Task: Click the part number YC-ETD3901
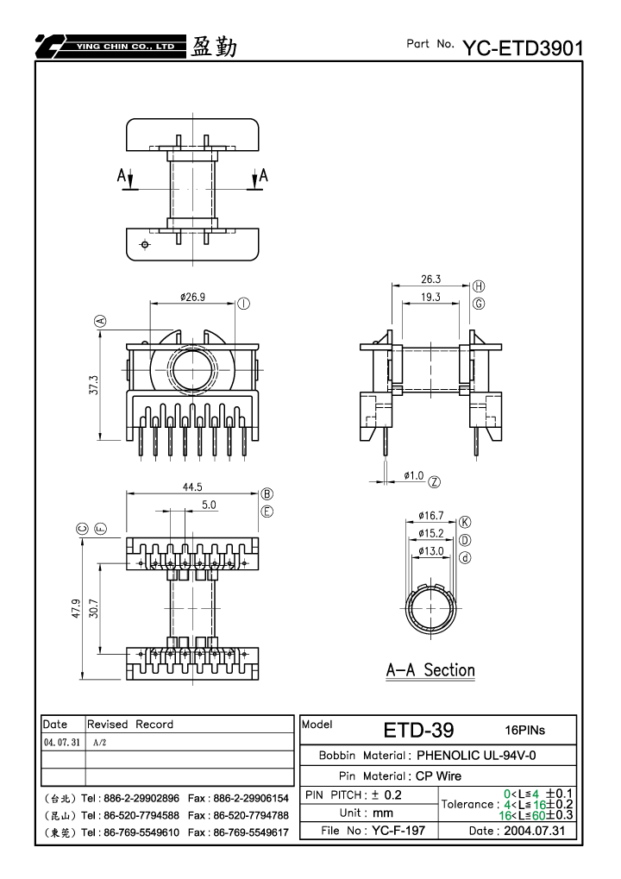point(523,48)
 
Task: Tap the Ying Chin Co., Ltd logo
point(110,47)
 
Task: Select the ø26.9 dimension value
point(193,297)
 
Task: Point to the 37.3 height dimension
point(94,385)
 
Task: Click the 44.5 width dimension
point(192,487)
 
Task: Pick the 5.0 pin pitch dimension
point(209,505)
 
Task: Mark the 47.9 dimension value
point(76,609)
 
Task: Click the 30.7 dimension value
point(94,609)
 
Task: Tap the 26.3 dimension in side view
point(431,279)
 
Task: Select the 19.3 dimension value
point(430,297)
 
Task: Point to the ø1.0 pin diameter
point(414,475)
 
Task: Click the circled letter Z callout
point(435,482)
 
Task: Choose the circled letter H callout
point(479,286)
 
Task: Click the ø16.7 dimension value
point(430,515)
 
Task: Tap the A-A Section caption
point(430,670)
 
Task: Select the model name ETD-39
point(418,731)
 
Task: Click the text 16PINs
point(524,730)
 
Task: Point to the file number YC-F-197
point(398,830)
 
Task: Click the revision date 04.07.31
point(62,742)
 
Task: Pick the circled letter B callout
point(267,494)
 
